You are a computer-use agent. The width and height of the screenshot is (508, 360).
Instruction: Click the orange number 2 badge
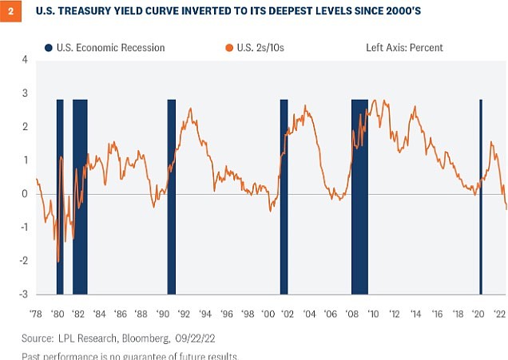pyautogui.click(x=8, y=12)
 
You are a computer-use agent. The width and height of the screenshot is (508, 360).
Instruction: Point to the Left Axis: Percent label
pyautogui.click(x=399, y=48)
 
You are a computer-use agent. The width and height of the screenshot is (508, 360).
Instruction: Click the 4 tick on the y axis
pyautogui.click(x=26, y=60)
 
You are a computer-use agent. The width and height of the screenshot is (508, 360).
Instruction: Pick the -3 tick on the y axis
pyautogui.click(x=23, y=295)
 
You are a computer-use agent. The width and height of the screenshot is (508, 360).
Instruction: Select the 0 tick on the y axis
pyautogui.click(x=26, y=194)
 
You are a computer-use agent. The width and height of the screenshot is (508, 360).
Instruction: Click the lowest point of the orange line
pyautogui.click(x=58, y=262)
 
